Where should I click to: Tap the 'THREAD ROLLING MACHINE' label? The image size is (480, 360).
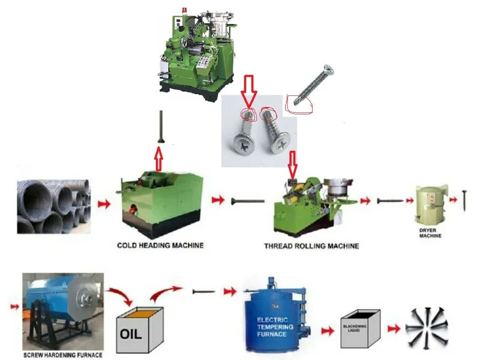[x=312, y=246]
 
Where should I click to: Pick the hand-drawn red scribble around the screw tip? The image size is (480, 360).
[x=300, y=102]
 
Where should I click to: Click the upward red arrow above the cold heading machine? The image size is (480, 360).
[x=159, y=159]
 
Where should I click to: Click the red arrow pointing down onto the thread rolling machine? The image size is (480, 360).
[x=293, y=164]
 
